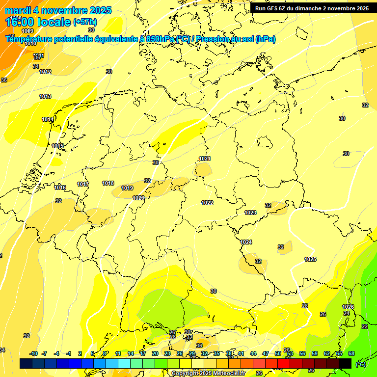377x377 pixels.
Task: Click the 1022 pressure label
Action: (x=207, y=203)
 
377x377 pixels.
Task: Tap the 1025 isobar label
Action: (x=310, y=259)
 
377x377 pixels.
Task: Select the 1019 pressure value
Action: (x=127, y=188)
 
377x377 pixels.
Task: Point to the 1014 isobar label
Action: (x=48, y=119)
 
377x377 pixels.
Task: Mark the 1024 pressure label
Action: (x=246, y=242)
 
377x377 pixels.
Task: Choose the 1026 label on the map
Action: (x=348, y=307)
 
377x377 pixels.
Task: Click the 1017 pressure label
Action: (x=83, y=184)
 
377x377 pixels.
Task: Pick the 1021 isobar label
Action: (x=205, y=159)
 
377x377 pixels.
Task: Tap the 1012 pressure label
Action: (x=45, y=72)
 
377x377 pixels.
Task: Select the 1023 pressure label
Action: (x=250, y=213)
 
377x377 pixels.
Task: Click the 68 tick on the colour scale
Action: (x=351, y=353)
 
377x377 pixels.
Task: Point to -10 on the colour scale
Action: (x=33, y=353)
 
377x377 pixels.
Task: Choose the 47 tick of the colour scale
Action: (x=266, y=353)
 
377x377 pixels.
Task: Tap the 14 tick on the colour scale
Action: (x=131, y=353)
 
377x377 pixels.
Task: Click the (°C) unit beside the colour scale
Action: (x=361, y=364)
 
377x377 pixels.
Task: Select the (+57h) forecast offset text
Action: (x=85, y=22)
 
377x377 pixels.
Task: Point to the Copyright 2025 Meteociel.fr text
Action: (x=208, y=373)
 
